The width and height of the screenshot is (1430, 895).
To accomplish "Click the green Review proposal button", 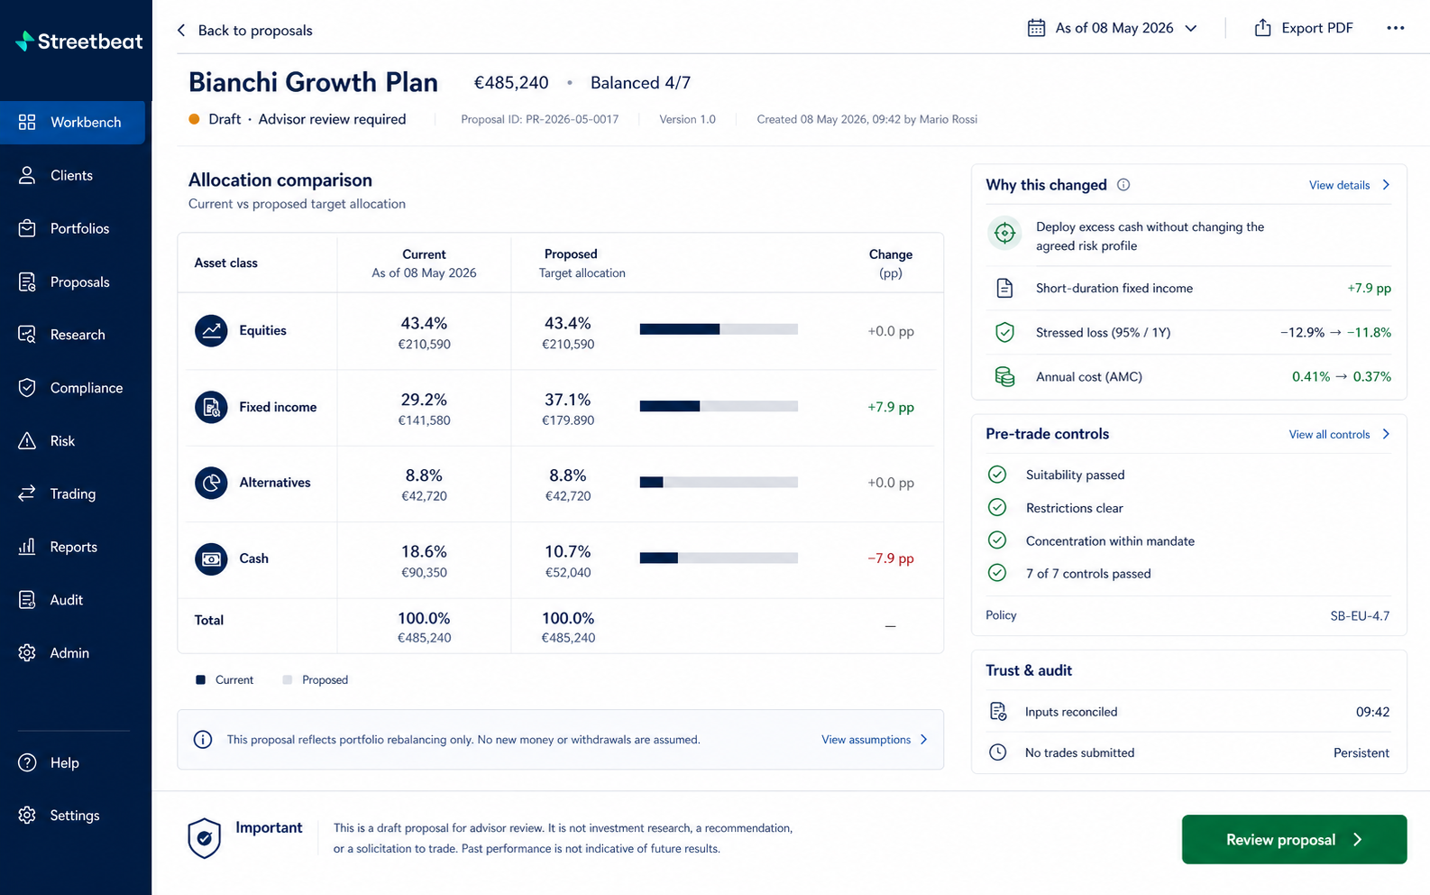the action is coord(1294,839).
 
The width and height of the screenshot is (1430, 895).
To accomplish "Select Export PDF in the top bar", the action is coord(1304,28).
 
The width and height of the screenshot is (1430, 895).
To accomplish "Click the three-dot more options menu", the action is coord(1395,28).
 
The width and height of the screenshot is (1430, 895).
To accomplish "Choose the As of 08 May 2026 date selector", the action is coord(1112,28).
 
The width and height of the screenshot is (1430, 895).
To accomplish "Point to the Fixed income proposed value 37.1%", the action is coord(567,400).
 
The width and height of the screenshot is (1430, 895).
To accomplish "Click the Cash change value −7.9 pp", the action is coord(891,558).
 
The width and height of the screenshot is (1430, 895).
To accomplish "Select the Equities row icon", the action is coord(211,331).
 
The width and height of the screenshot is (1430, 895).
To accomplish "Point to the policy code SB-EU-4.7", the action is coord(1360,616).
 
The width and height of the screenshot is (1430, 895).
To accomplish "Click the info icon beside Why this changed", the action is coord(1123,185).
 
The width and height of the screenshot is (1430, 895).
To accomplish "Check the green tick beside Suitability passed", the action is coord(997,475).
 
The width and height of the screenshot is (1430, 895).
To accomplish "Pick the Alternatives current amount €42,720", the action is coord(424,495).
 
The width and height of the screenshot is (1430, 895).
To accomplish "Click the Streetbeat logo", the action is coord(78,41).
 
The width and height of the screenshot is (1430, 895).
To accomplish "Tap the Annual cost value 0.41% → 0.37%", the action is coord(1342,377).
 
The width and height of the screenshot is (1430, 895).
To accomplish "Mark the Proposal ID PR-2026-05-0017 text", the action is coord(539,119).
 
